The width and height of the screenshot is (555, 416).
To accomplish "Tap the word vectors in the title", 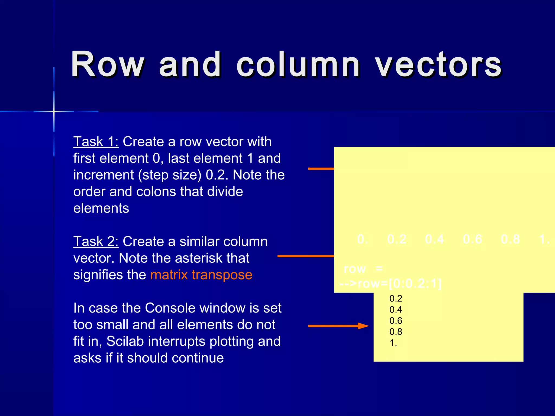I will point(438,65).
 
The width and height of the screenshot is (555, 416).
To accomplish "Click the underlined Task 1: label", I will point(96,142).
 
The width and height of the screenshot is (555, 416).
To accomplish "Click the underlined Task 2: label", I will point(96,241).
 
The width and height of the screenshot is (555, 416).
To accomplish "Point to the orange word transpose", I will point(222,275).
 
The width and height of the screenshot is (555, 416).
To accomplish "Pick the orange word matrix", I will point(169,275).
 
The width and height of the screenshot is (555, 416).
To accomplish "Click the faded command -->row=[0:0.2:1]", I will point(390,284).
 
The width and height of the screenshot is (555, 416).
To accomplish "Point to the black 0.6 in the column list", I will point(396,321).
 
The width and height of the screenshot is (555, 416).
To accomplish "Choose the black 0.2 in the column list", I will point(396,298).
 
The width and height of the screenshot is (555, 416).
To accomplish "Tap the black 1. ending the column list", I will point(393,343).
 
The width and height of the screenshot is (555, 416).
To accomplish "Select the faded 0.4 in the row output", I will point(434,239).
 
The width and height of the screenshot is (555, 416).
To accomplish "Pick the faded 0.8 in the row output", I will point(510,239).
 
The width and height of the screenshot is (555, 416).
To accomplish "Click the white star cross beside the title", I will point(54,111).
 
